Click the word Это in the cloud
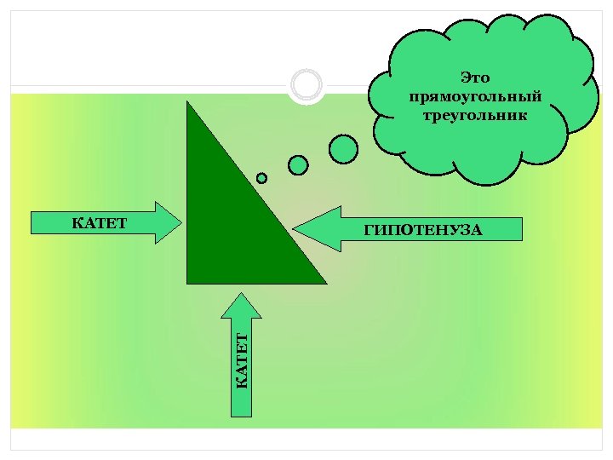click(x=475, y=78)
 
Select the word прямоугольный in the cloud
click(x=475, y=95)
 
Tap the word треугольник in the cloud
click(x=475, y=113)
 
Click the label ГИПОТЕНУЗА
click(x=423, y=229)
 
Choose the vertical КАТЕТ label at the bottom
click(x=243, y=361)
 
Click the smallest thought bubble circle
click(x=261, y=178)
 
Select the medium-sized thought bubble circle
click(x=298, y=164)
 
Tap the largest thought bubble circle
click(x=343, y=149)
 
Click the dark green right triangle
click(x=226, y=230)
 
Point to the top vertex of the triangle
click(x=188, y=101)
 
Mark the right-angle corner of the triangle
click(x=188, y=282)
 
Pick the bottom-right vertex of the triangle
click(x=325, y=282)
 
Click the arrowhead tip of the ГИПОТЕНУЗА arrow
click(x=295, y=228)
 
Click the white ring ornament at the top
click(x=306, y=85)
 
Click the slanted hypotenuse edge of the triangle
click(x=256, y=191)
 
